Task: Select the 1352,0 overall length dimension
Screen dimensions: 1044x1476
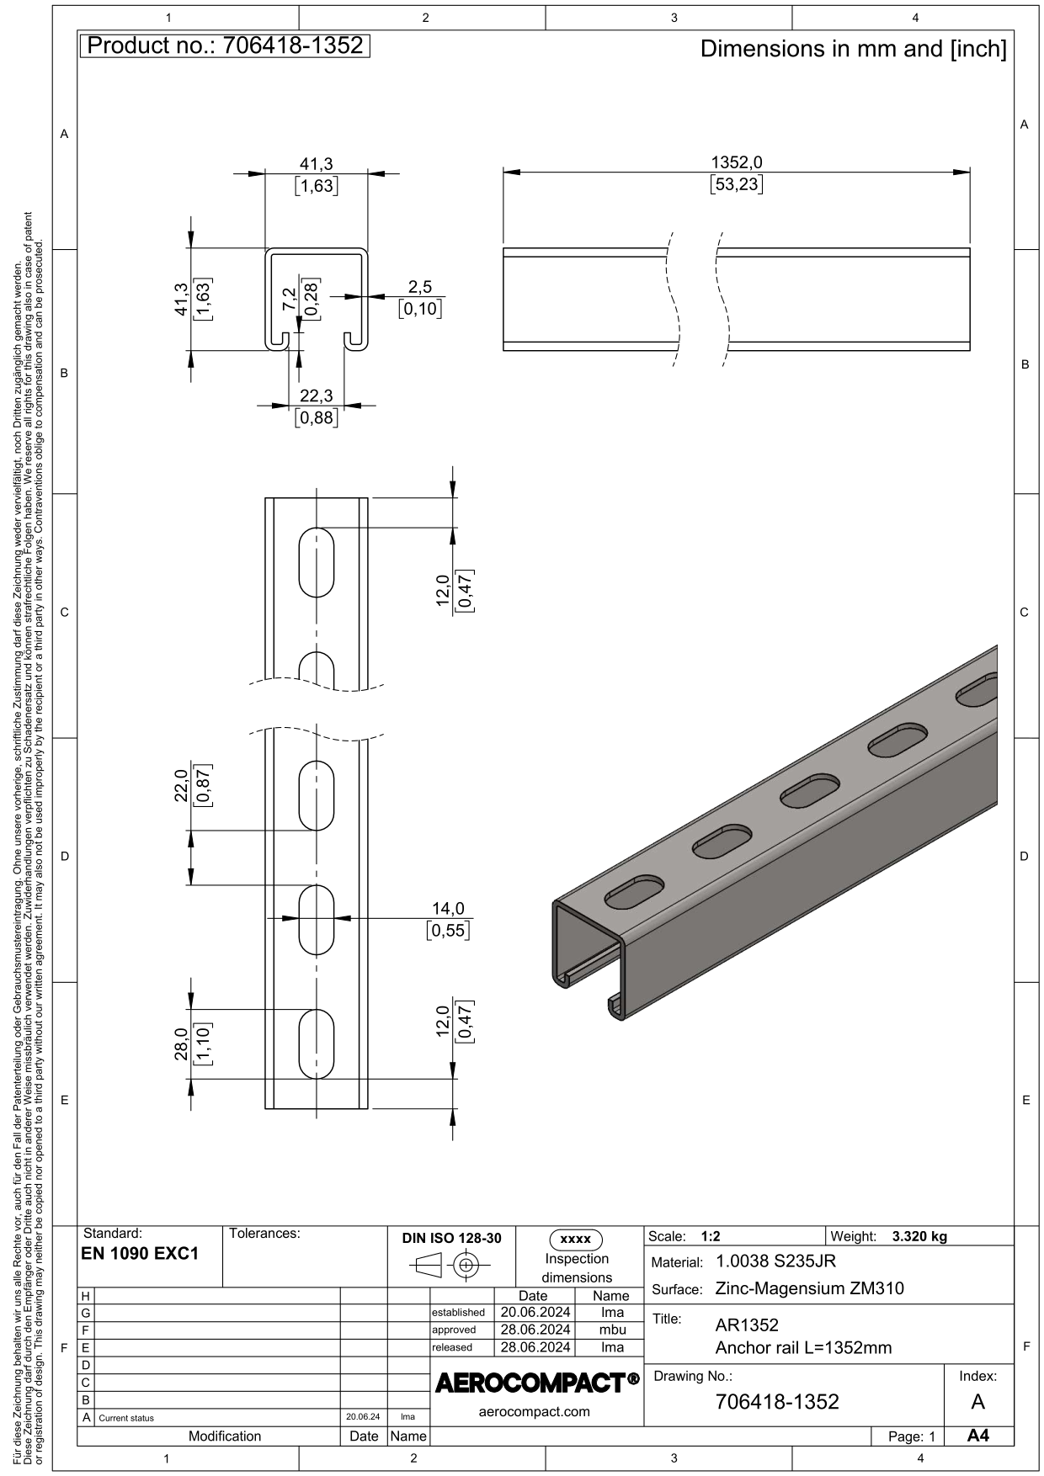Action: click(x=737, y=162)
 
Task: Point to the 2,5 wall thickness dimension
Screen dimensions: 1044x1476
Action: click(x=420, y=287)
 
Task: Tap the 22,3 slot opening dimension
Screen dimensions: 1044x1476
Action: click(x=316, y=396)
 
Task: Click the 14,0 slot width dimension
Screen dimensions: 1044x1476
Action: click(x=448, y=909)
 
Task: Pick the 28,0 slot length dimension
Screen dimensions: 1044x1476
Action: click(x=181, y=1044)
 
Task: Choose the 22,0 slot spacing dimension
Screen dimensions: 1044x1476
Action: click(x=181, y=786)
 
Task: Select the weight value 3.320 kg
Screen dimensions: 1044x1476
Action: click(x=919, y=1236)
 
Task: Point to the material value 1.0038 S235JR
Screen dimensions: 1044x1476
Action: click(x=775, y=1261)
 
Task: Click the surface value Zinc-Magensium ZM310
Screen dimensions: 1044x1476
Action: click(x=809, y=1288)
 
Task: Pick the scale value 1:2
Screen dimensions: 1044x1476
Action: click(x=710, y=1236)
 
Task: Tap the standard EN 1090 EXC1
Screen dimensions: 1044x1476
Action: click(x=140, y=1253)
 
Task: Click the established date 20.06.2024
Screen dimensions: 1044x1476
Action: click(x=535, y=1312)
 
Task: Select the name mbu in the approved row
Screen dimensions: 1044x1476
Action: click(x=612, y=1330)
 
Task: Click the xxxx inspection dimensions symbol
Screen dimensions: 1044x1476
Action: click(x=576, y=1240)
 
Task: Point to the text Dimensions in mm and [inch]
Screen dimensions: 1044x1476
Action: click(x=854, y=49)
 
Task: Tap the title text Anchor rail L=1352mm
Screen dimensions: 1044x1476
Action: click(x=803, y=1348)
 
